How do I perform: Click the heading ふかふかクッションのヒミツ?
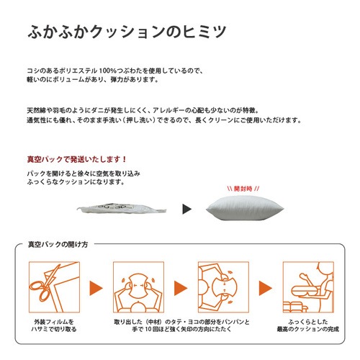point(127,32)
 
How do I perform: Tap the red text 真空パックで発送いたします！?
point(77,159)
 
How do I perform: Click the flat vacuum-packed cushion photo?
point(122,209)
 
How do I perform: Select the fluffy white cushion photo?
point(245,208)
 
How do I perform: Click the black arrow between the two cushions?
point(187,209)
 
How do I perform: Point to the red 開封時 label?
point(243,189)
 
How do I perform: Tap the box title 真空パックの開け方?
point(58,244)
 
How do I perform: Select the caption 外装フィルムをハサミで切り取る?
point(54,325)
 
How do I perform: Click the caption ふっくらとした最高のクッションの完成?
point(308,325)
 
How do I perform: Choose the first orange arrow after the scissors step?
point(96,288)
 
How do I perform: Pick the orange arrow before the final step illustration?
point(266,288)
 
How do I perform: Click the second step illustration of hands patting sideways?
point(138,287)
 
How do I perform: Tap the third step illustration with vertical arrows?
point(223,287)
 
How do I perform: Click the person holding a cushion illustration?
point(308,287)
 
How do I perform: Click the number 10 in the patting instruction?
point(148,329)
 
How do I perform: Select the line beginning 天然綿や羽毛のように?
point(143,110)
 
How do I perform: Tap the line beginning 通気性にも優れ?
point(164,120)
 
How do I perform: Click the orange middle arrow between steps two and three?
point(181,288)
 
